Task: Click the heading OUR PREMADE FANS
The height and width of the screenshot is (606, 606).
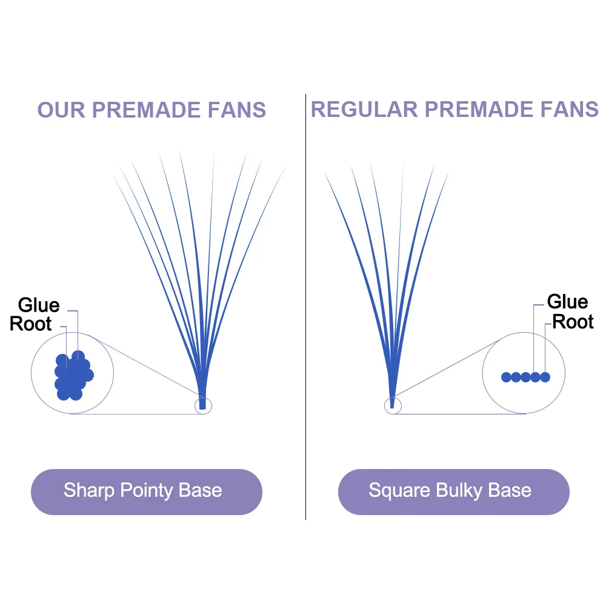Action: point(151,110)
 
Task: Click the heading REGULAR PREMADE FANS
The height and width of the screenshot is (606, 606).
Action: point(454,109)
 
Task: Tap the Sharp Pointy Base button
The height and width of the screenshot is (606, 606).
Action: point(146,490)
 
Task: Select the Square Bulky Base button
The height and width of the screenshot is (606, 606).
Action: point(453,490)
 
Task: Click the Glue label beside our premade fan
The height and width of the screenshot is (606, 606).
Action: point(39,305)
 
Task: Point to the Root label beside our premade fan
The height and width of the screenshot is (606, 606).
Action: point(31,324)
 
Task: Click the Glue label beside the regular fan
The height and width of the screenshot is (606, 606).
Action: point(567,301)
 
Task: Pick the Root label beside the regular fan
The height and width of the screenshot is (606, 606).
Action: point(573,321)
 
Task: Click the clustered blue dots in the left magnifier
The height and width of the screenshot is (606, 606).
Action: point(73,376)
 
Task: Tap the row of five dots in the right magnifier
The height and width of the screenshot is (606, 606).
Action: point(525,377)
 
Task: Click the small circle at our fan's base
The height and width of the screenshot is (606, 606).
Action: point(203,405)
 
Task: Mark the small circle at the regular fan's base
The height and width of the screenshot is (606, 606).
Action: point(393,405)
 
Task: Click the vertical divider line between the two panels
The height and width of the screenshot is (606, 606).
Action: point(305,303)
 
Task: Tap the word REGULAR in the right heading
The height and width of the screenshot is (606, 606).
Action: point(364,109)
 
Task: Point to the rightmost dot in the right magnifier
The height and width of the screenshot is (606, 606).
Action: point(545,377)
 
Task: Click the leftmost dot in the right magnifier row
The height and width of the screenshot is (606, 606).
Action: point(506,377)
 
